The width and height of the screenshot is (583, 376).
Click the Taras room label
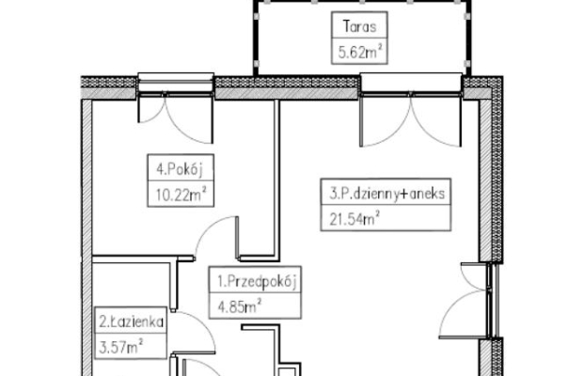(359, 26)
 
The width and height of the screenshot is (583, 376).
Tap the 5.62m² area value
(360, 52)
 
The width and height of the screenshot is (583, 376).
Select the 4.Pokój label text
(180, 169)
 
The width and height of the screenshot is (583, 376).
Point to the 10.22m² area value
(181, 194)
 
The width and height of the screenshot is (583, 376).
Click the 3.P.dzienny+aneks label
(387, 194)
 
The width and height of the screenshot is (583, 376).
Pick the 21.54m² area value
(355, 218)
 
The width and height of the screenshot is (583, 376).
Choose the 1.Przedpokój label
(257, 281)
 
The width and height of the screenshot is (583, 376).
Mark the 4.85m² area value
(239, 306)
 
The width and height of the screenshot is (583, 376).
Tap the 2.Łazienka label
(131, 321)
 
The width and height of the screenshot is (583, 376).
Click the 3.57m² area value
(121, 347)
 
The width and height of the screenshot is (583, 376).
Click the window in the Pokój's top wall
(176, 84)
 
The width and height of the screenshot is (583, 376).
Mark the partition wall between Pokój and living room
(276, 179)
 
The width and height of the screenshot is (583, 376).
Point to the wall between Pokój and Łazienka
(143, 258)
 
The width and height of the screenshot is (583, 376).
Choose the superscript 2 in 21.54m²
(377, 213)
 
